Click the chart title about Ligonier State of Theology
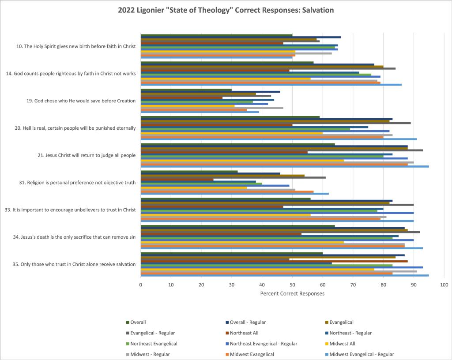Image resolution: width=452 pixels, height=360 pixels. pos(226,10)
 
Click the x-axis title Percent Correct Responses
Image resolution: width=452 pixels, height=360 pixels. pos(292,293)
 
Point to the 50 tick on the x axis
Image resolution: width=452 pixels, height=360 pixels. pos(292,285)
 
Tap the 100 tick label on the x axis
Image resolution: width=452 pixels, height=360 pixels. pos(444,285)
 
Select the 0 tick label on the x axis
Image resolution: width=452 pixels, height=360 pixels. pos(141,285)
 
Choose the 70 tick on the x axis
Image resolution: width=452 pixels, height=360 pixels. pos(353,285)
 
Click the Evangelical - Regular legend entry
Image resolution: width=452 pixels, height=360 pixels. pos(153,333)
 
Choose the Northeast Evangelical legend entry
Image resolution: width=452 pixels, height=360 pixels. pos(151,344)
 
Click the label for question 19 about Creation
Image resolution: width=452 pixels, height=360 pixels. pos(81,101)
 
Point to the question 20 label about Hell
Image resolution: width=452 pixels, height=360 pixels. pos(75,128)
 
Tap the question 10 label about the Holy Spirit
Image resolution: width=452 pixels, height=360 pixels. pos(76,46)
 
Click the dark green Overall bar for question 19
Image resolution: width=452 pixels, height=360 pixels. pos(186,90)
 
